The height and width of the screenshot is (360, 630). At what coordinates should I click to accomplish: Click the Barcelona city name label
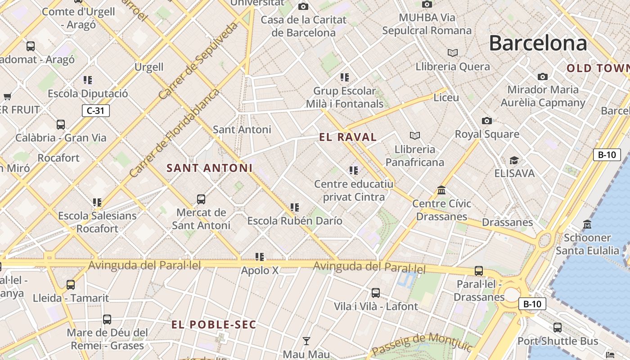pos(538,43)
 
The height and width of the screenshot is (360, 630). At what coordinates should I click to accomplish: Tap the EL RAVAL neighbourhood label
pos(348,137)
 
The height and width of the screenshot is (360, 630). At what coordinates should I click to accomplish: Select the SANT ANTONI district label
pos(209,168)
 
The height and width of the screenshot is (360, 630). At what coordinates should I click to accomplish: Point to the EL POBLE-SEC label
pos(214,324)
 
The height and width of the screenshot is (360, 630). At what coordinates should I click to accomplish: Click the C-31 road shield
pos(96,111)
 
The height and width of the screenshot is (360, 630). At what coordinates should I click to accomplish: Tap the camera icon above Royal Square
pos(486,121)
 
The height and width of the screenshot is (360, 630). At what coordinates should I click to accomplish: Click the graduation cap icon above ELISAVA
pos(514,160)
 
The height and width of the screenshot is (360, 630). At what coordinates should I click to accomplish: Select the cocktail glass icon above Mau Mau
pos(306,341)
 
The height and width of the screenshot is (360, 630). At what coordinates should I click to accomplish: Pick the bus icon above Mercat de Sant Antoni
pos(201,199)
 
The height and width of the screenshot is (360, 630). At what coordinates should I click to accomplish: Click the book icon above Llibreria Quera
pos(453,53)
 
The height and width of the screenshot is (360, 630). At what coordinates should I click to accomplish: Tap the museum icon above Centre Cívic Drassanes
pos(441,190)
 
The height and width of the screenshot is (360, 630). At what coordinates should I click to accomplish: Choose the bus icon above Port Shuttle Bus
pos(558,328)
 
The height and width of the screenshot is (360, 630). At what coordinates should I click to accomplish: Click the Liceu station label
pos(446,98)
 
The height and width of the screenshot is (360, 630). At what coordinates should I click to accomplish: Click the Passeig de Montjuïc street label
pos(422,343)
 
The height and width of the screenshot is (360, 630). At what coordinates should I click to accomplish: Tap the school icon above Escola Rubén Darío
pos(295,207)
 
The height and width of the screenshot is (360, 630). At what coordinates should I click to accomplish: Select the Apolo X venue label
pos(260,270)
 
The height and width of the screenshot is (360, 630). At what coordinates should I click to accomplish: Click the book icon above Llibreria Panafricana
pos(414,135)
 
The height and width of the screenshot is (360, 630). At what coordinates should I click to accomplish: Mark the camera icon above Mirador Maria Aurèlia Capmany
pos(543,76)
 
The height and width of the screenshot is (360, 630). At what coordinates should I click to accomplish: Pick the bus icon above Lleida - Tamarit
pos(71,284)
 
